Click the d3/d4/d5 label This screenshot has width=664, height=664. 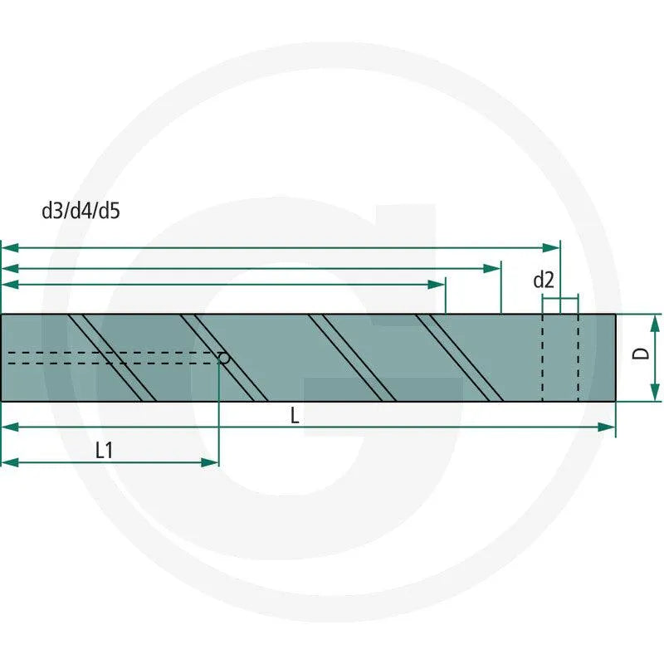pyautogui.click(x=81, y=211)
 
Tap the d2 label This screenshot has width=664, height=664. pyautogui.click(x=544, y=280)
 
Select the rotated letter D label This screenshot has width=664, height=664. pyautogui.click(x=640, y=354)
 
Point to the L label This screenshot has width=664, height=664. pyautogui.click(x=295, y=416)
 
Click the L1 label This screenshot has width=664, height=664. pyautogui.click(x=105, y=450)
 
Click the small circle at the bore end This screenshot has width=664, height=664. pyautogui.click(x=224, y=359)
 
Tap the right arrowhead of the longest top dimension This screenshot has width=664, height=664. pyautogui.click(x=551, y=247)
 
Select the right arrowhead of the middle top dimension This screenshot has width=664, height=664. pyautogui.click(x=492, y=268)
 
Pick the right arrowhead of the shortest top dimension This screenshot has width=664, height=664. pyautogui.click(x=437, y=285)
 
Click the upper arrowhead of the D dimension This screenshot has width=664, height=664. pyautogui.click(x=655, y=323)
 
